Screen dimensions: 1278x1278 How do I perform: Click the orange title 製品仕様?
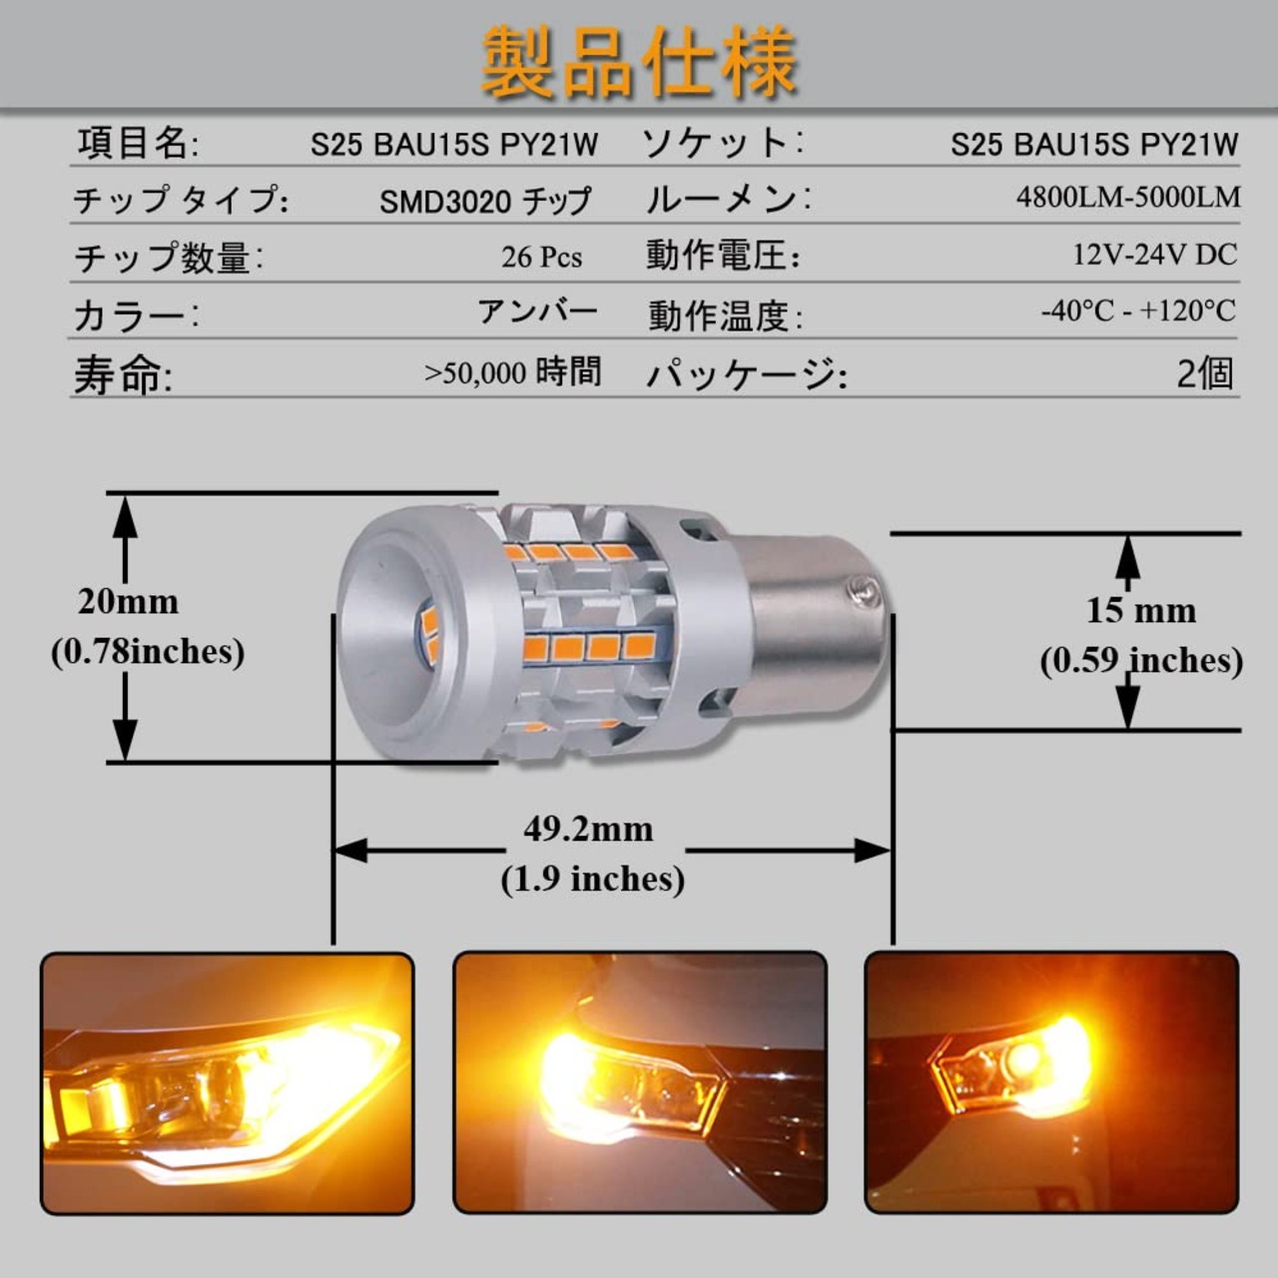click(640, 62)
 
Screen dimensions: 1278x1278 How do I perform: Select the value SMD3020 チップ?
click(485, 201)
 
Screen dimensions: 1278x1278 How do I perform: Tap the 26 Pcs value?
click(542, 258)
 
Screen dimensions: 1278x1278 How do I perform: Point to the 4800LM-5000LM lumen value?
click(1128, 197)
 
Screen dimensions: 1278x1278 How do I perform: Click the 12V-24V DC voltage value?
click(1154, 254)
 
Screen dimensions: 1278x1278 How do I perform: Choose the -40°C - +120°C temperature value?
click(1139, 312)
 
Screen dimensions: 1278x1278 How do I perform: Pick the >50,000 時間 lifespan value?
click(512, 372)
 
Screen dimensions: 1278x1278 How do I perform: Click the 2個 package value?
click(1205, 373)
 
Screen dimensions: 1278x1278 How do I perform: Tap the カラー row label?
click(137, 316)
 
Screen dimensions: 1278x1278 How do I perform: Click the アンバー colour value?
click(538, 311)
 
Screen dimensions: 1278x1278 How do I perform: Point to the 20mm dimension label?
click(128, 601)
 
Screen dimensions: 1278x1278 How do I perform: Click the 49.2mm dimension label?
click(588, 829)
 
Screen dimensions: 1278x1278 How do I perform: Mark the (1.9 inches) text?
click(592, 880)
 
